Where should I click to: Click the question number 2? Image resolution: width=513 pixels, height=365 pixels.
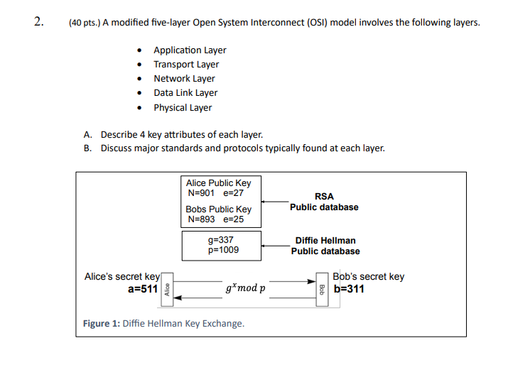(x=38, y=21)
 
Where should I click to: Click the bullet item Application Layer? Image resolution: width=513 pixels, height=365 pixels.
(x=190, y=50)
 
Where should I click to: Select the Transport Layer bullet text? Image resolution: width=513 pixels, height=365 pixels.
(x=186, y=65)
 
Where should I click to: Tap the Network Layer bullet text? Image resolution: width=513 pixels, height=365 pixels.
(x=184, y=79)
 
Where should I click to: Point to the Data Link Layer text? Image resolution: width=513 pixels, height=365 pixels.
(x=185, y=93)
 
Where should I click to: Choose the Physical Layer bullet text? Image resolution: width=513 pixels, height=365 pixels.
(x=183, y=108)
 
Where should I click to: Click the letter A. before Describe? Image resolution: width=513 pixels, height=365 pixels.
(x=87, y=135)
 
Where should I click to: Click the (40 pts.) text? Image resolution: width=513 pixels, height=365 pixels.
(x=85, y=23)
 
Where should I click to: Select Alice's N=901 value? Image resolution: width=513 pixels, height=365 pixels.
(x=201, y=193)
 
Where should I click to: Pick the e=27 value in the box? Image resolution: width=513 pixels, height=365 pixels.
(x=233, y=193)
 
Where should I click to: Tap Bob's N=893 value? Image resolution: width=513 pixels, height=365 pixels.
(x=201, y=219)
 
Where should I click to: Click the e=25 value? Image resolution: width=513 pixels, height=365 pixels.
(x=233, y=219)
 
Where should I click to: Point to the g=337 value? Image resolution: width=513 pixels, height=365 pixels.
(x=220, y=240)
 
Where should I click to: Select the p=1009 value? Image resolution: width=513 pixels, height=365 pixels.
(x=223, y=250)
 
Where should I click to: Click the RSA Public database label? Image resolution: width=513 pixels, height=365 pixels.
(x=324, y=202)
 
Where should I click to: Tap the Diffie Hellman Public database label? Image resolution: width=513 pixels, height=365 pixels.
(x=325, y=246)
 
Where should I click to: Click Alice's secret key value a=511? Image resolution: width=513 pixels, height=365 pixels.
(x=143, y=289)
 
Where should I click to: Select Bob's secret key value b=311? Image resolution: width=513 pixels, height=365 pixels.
(x=349, y=289)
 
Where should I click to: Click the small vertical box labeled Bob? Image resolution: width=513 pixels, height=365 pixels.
(x=322, y=290)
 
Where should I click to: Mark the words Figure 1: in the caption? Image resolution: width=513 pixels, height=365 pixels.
(x=102, y=324)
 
